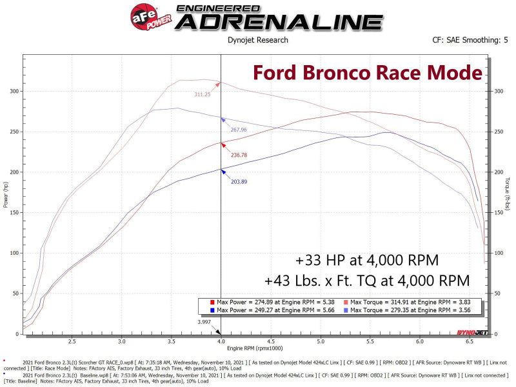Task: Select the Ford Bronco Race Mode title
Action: pos(367,71)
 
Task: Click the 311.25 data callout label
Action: pos(203,94)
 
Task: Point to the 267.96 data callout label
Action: pos(239,130)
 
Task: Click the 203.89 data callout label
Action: pos(239,181)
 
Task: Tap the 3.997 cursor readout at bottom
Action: pos(204,322)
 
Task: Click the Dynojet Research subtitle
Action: pos(258,40)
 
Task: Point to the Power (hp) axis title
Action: pos(6,195)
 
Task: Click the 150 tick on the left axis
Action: pos(14,212)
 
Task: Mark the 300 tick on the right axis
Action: pos(499,91)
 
